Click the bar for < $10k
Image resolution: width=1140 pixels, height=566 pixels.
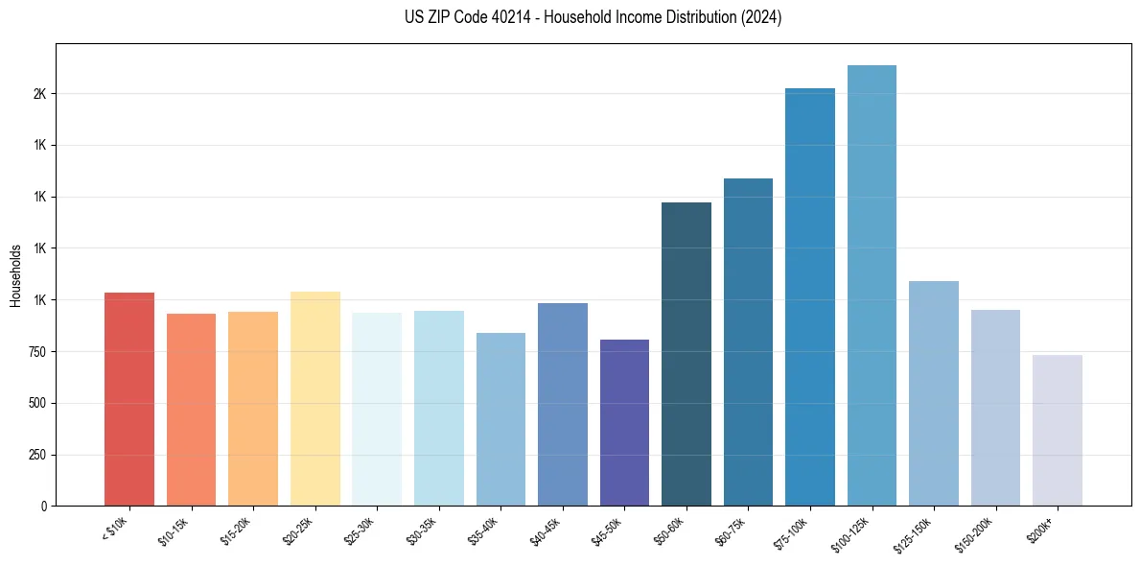point(128,399)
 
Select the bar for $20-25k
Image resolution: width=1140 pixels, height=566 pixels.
point(314,398)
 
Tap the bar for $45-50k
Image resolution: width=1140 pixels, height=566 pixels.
point(624,422)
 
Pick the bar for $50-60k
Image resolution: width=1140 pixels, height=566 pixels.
point(686,354)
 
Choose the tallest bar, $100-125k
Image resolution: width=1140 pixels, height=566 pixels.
point(872,285)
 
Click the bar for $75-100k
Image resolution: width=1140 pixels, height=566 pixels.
point(810,296)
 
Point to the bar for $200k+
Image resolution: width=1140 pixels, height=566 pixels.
point(1058,430)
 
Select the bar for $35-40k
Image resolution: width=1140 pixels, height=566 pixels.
point(500,419)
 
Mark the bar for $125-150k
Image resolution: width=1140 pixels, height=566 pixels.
point(934,393)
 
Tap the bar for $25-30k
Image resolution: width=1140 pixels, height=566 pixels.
point(377,409)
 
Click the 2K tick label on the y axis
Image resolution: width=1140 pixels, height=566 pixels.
point(39,94)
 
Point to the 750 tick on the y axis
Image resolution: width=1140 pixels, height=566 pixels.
point(36,352)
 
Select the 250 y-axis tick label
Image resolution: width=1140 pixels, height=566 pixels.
point(36,455)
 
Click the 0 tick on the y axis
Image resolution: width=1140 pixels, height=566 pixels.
point(43,507)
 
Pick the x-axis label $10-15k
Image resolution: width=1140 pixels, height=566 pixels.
point(177,531)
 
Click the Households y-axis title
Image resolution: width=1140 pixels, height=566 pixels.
point(16,275)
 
